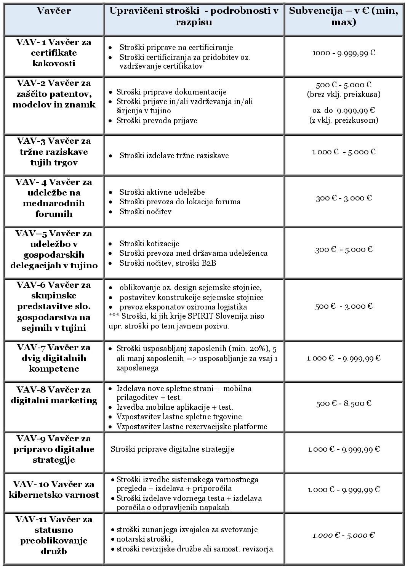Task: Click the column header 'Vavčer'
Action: (54, 11)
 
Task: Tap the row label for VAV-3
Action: (54, 152)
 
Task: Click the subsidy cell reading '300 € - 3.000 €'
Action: (343, 198)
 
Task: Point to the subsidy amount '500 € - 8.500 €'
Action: (343, 404)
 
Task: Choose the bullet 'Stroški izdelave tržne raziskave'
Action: (174, 155)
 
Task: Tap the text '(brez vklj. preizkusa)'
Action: (343, 94)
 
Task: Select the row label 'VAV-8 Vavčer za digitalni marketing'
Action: (54, 395)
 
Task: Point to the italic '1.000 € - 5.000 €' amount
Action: (343, 535)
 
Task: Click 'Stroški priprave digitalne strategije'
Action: (172, 449)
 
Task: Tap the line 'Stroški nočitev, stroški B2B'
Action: (168, 263)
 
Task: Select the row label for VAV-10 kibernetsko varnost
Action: (54, 490)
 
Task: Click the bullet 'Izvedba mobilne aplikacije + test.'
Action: (174, 407)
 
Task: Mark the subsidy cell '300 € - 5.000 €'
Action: (343, 250)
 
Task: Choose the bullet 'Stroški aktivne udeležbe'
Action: (162, 192)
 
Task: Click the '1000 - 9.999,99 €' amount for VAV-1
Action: (343, 53)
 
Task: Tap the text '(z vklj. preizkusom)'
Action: (343, 120)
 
